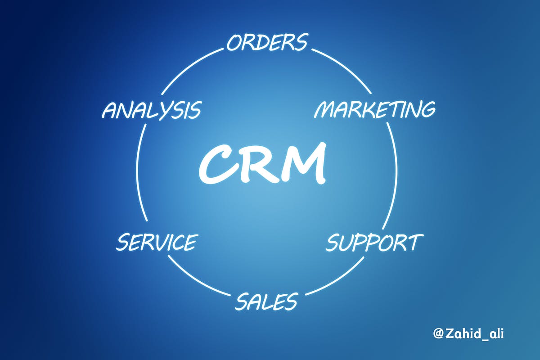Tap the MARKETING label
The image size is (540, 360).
[x=374, y=109]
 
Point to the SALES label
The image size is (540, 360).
[x=266, y=301]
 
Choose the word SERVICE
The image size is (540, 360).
[x=156, y=243]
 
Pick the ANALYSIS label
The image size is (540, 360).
[x=151, y=110]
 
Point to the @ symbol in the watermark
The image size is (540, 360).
[x=438, y=334]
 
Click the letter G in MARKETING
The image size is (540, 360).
[x=427, y=110]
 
